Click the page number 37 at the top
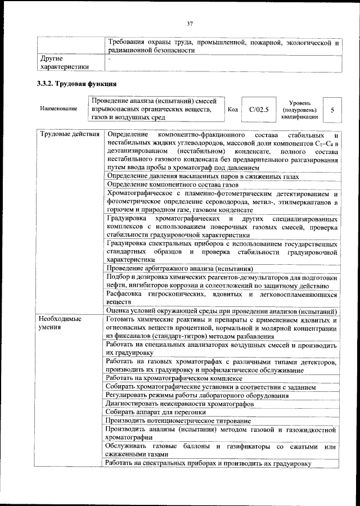pos(190,23)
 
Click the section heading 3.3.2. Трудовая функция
pos(76,85)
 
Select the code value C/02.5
pos(259,109)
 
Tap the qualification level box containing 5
pos(333,110)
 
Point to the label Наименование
pos(58,109)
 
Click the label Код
pos(233,110)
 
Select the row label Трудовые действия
pos(70,135)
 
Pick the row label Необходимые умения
pos(60,323)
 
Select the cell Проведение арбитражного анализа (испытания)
pos(179,268)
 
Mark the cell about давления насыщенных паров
pos(202,176)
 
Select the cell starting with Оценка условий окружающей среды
pos(221,311)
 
